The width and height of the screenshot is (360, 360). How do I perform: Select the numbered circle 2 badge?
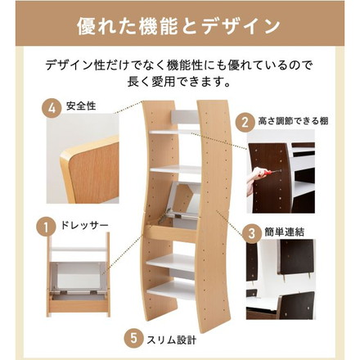click(x=243, y=122)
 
